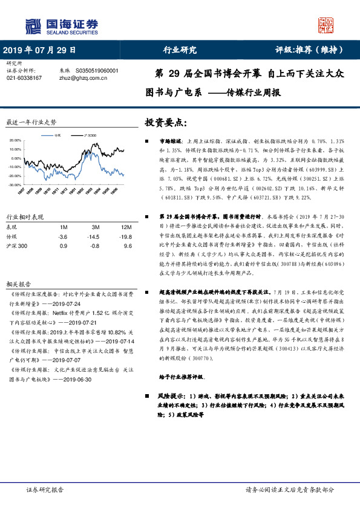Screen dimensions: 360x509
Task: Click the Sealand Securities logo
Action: click(61, 26)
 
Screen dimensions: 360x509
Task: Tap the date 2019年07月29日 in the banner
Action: click(40, 50)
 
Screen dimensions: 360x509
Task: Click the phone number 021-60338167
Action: click(24, 78)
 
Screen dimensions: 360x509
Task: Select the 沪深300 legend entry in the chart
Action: click(91, 135)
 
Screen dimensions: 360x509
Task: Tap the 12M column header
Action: click(125, 227)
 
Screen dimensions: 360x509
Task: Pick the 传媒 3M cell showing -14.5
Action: click(93, 237)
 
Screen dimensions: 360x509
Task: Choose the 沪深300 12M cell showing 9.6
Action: click(126, 247)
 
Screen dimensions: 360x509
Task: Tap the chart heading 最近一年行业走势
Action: click(31, 122)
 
